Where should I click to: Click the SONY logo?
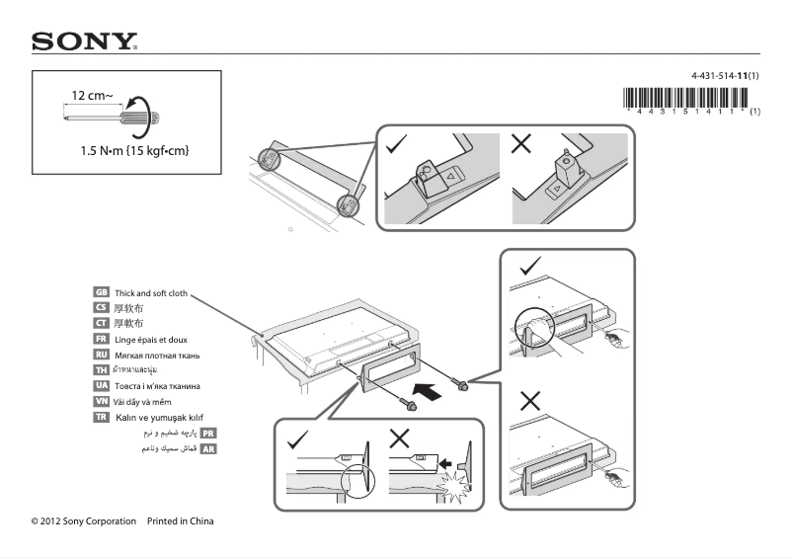click(x=84, y=41)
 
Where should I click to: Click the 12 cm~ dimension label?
click(x=92, y=96)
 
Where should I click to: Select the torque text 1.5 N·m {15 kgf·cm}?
click(x=134, y=150)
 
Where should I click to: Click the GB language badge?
click(x=101, y=293)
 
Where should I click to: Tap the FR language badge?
click(x=101, y=339)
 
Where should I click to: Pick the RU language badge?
click(x=101, y=355)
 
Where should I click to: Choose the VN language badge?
click(x=101, y=402)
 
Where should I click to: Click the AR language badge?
click(x=208, y=448)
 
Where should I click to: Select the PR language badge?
click(x=208, y=433)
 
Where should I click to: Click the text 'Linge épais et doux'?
click(x=150, y=339)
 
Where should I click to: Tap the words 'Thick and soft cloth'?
click(x=150, y=293)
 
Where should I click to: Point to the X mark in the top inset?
click(x=522, y=144)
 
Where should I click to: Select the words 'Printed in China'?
click(x=180, y=521)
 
